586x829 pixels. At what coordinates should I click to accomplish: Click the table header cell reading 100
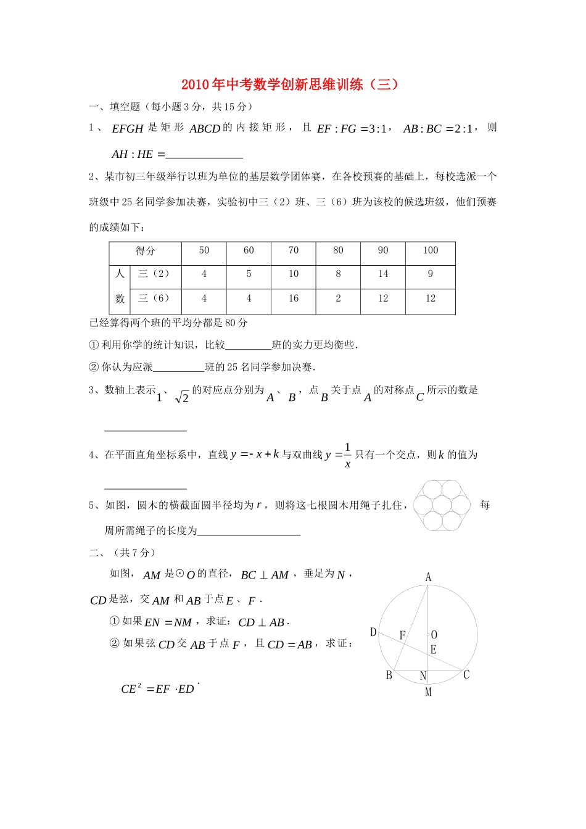tap(431, 250)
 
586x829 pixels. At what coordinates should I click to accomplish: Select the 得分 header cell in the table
tap(146, 250)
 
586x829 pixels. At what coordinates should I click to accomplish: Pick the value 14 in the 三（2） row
tap(383, 274)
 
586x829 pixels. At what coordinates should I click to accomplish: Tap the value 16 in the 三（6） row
tap(294, 299)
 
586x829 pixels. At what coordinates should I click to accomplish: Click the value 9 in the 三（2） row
tap(431, 274)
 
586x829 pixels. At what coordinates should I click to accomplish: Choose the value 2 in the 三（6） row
tap(338, 299)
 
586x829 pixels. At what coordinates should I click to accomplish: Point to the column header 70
tap(294, 250)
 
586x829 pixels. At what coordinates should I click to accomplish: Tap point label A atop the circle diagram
tap(428, 577)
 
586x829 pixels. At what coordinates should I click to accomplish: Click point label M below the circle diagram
tap(428, 692)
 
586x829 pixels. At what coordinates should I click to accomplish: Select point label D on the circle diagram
tap(373, 632)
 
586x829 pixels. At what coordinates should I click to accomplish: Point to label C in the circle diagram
tap(466, 675)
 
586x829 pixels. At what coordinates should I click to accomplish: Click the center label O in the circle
tap(434, 635)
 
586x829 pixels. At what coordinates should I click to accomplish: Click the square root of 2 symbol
tap(182, 398)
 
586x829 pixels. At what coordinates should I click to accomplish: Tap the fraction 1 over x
tap(347, 455)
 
